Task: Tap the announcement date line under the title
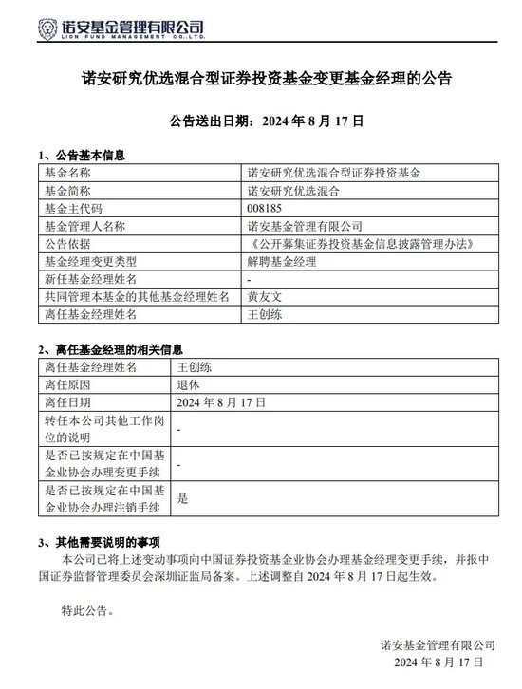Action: click(260, 122)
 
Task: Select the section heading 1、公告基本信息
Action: click(82, 155)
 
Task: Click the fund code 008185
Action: click(265, 209)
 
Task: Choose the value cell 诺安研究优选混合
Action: click(292, 192)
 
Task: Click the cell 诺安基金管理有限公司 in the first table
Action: click(305, 227)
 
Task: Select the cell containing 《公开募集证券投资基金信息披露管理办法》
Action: click(358, 244)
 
